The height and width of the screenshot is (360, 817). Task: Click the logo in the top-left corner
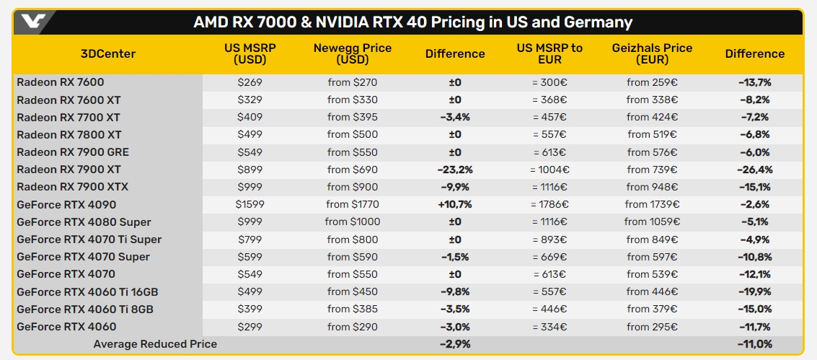33,21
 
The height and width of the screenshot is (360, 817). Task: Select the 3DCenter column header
108,54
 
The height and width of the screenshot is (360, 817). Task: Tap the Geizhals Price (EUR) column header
652,54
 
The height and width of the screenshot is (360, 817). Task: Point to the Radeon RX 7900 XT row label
69,170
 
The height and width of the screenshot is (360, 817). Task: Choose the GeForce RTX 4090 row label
66,204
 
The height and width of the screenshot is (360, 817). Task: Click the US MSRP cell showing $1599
250,204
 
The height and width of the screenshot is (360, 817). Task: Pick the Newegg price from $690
352,170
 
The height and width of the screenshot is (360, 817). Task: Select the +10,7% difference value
454,204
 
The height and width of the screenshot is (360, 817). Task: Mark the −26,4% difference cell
754,170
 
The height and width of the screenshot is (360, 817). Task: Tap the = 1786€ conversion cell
549,204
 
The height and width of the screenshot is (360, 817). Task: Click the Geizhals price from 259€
652,82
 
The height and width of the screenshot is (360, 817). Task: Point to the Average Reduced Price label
155,344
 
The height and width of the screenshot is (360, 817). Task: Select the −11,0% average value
754,344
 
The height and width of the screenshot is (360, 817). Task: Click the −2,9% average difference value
454,344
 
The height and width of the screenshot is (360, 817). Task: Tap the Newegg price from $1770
352,204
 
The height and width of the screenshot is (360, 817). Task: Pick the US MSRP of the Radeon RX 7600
250,82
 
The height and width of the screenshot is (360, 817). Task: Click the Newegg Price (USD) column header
353,54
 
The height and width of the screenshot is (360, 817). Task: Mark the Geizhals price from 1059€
652,221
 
